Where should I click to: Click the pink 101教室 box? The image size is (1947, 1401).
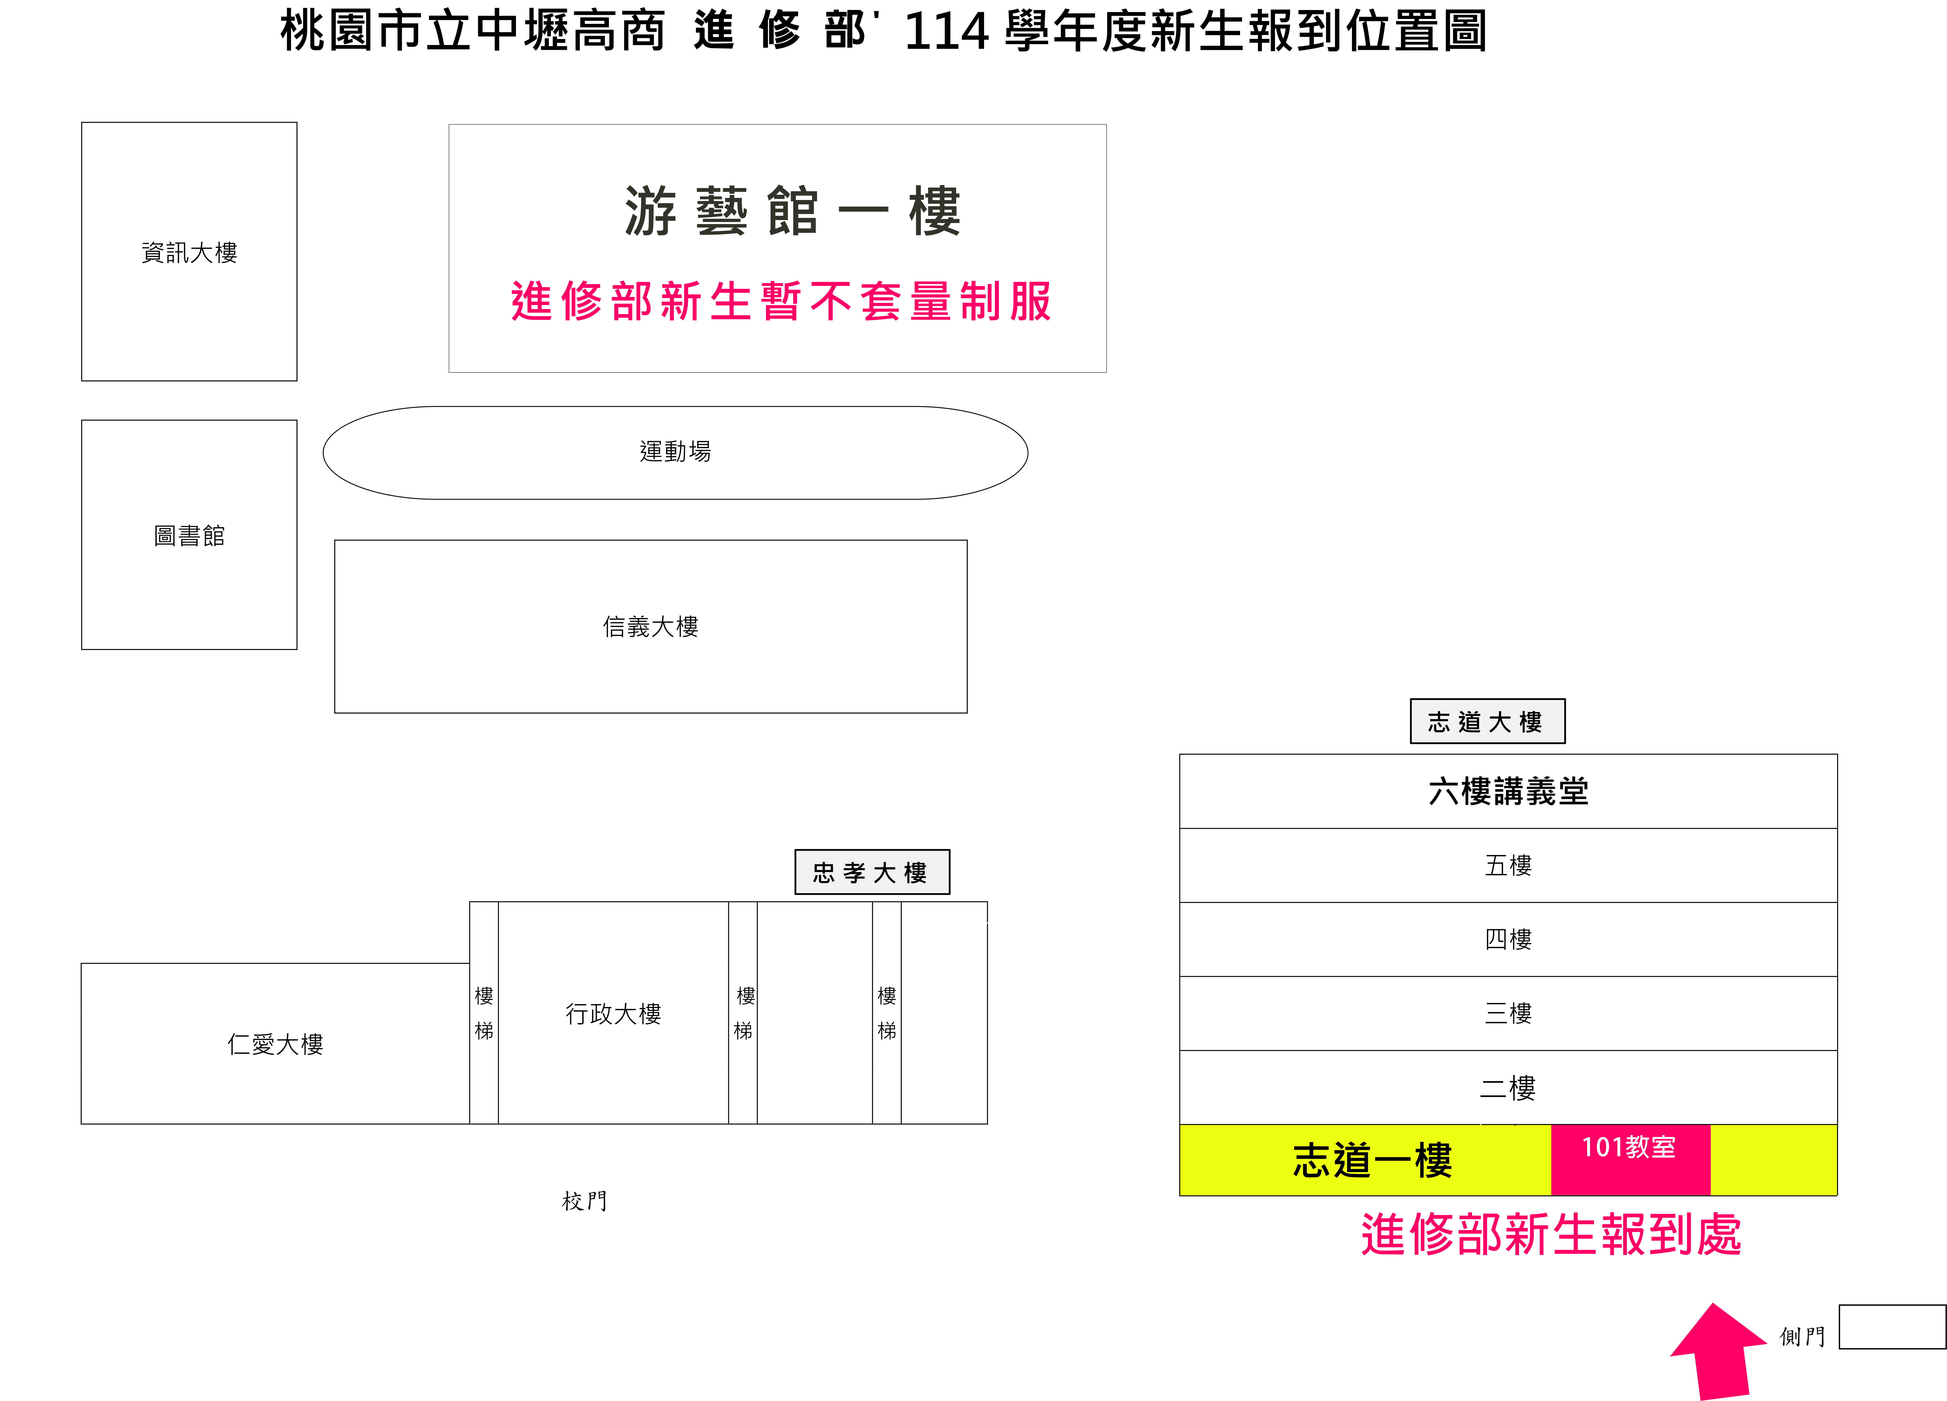(1630, 1159)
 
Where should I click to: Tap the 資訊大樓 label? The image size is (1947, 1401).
(189, 252)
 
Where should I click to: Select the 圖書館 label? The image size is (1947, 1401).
(189, 536)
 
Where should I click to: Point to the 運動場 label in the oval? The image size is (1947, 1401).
(676, 452)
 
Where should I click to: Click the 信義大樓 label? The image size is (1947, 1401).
(651, 627)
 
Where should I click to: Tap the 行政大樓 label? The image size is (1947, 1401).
(613, 1014)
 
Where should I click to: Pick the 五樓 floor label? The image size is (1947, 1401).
(1508, 865)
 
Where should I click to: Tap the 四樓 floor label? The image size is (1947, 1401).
(1508, 939)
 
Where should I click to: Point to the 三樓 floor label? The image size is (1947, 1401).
(1508, 1013)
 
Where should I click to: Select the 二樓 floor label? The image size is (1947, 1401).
(1508, 1088)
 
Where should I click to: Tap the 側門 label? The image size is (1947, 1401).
(1802, 1337)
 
